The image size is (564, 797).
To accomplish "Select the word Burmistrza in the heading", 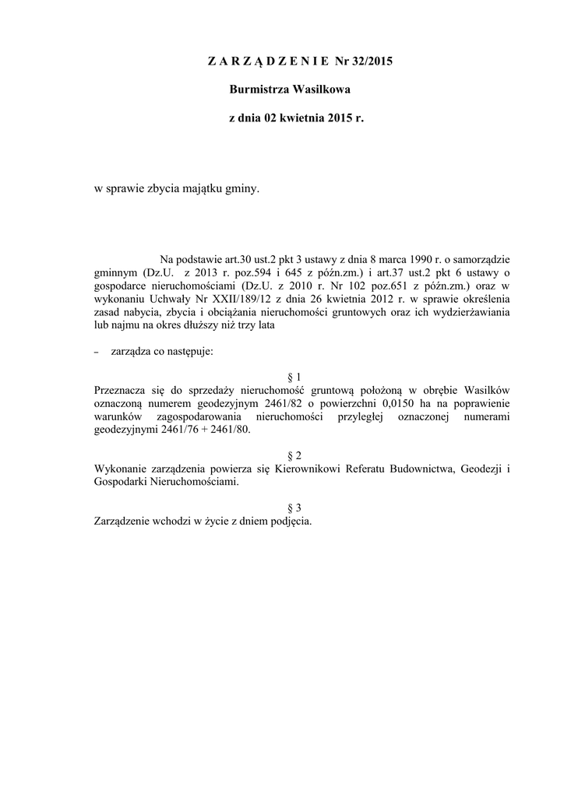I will coord(259,90).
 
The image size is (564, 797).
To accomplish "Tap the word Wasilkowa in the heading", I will coord(321,90).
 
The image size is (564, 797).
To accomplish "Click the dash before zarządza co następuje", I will coord(96,353).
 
